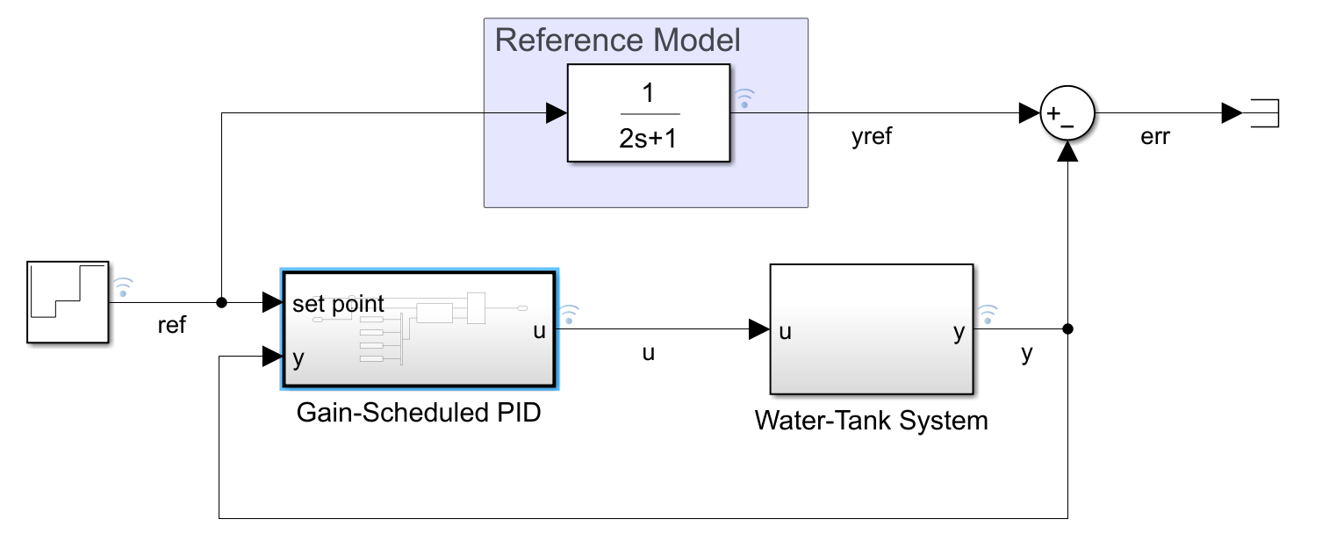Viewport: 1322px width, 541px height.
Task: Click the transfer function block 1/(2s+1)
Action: pos(649,112)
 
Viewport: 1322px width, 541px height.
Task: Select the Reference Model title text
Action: pos(618,40)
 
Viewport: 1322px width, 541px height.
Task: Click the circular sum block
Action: pos(1067,114)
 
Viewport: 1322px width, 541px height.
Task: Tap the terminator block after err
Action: pos(1264,113)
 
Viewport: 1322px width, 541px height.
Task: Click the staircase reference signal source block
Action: pos(68,301)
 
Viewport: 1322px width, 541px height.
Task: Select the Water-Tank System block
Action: pos(871,329)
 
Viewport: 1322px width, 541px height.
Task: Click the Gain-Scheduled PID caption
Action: pos(419,412)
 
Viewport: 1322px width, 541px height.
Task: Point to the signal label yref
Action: pos(872,138)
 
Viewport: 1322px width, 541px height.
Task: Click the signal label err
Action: pos(1154,138)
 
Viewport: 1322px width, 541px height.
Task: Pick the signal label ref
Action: pos(171,325)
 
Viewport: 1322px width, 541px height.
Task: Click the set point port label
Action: pos(338,304)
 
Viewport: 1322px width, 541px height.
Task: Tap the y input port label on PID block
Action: pos(298,359)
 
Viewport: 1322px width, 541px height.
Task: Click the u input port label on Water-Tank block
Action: pos(786,332)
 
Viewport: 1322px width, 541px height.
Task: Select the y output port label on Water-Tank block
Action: pos(959,332)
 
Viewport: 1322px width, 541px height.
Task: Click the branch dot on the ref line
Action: pos(222,303)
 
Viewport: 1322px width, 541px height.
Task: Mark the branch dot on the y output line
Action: pos(1067,330)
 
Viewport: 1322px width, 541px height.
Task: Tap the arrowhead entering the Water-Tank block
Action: pos(758,330)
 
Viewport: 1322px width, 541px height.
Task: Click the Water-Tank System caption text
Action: pos(871,421)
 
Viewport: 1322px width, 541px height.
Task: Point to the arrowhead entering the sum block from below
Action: pos(1067,152)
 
